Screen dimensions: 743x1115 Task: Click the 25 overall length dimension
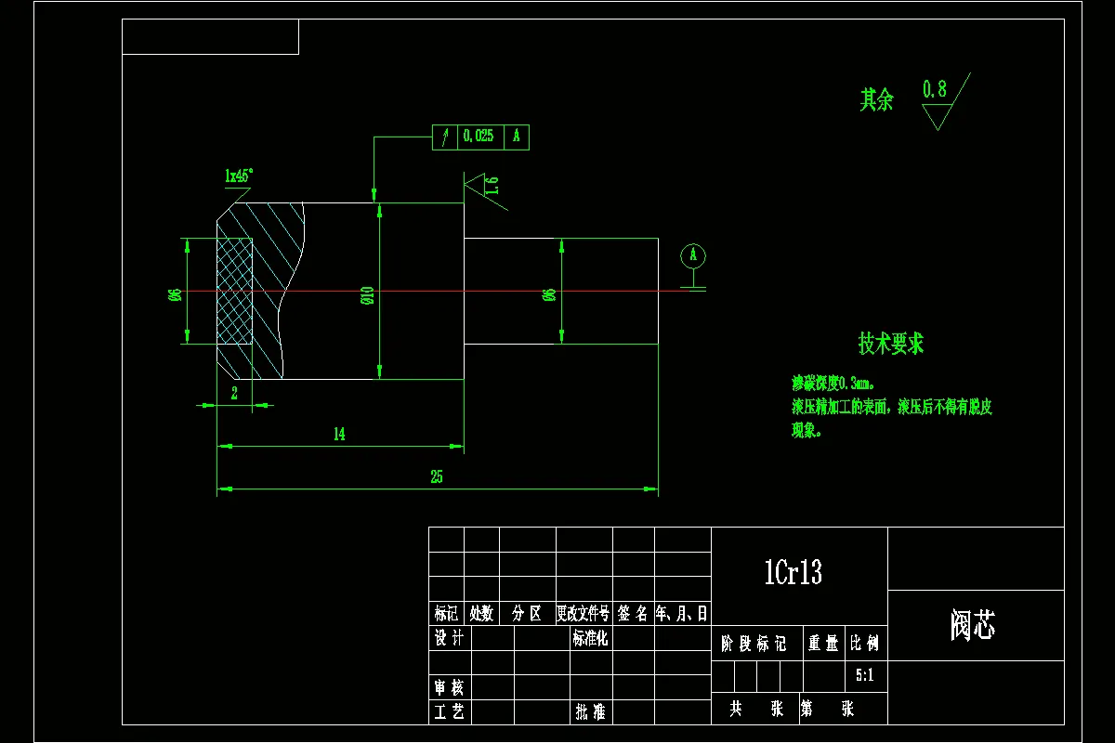click(x=436, y=477)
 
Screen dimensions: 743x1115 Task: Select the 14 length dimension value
click(x=339, y=435)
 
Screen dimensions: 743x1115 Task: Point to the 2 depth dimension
click(x=234, y=393)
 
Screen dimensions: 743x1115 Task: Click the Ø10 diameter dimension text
click(x=367, y=295)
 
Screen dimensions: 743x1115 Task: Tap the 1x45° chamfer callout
click(x=239, y=175)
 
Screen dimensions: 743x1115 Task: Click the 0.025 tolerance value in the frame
click(x=478, y=137)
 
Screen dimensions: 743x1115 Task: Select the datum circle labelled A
click(x=692, y=255)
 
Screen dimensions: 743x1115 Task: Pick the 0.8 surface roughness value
click(x=935, y=90)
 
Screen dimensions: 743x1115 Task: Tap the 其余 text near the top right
click(x=876, y=100)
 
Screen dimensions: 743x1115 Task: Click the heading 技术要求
click(x=890, y=344)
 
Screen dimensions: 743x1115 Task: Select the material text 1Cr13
click(x=793, y=573)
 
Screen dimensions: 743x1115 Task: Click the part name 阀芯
click(x=973, y=626)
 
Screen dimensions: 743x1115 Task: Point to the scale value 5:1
click(x=864, y=676)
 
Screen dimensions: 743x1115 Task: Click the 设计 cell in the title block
click(x=450, y=638)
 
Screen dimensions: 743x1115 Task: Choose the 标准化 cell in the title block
click(x=590, y=638)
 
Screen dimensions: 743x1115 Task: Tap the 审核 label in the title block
click(x=450, y=687)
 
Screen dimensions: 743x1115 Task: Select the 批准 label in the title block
click(x=590, y=712)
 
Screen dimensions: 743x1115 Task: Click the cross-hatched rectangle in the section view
click(x=234, y=292)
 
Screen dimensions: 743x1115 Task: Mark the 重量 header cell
click(x=822, y=644)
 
